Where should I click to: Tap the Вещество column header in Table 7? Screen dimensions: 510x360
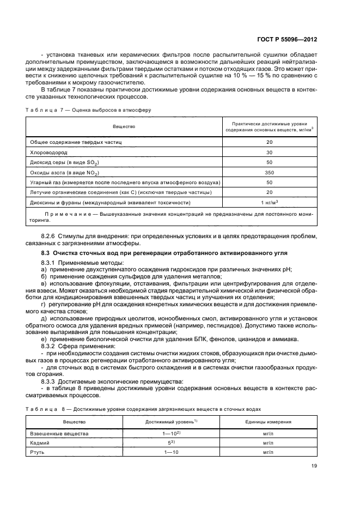tap(124, 126)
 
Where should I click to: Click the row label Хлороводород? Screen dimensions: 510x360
tap(48, 153)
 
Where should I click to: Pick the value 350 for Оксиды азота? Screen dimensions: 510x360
tap(269, 172)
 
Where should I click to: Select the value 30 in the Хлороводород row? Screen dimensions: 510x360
tap(269, 153)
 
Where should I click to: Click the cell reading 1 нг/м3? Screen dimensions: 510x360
tap(269, 202)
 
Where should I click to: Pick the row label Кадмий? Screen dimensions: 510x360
tap(40, 443)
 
